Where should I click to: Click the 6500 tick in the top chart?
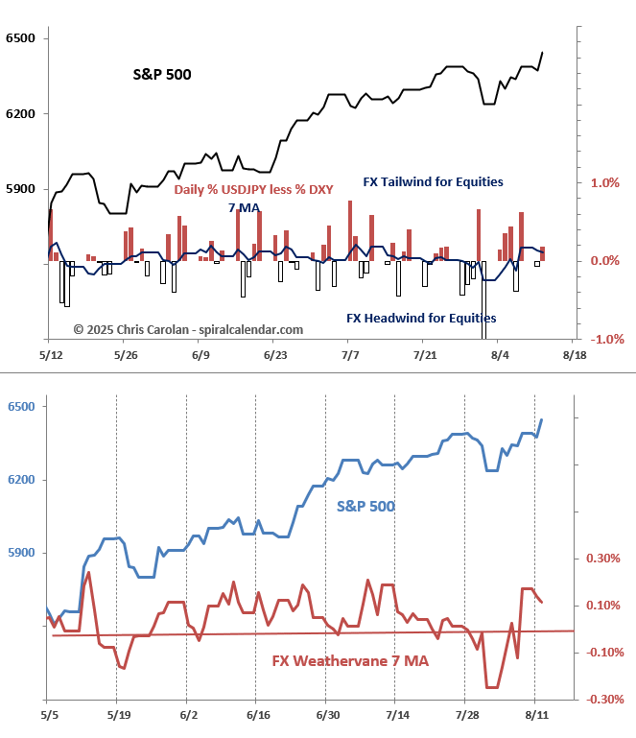(x=19, y=38)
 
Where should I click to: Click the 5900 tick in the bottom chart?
(x=19, y=553)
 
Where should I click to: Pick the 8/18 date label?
(x=573, y=355)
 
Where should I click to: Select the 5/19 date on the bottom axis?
(x=117, y=715)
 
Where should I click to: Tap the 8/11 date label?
(x=534, y=715)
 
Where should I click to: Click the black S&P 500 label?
(x=162, y=73)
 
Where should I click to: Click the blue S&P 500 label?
(x=365, y=505)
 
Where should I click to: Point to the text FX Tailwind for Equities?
(x=433, y=181)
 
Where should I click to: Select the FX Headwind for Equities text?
(x=421, y=318)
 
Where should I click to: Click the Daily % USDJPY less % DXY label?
(x=253, y=190)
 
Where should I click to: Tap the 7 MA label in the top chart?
(x=244, y=208)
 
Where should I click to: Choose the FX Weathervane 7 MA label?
(x=349, y=661)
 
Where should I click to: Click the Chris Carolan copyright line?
(x=188, y=329)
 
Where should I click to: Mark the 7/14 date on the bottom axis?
(x=395, y=715)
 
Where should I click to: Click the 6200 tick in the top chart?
(x=19, y=113)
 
